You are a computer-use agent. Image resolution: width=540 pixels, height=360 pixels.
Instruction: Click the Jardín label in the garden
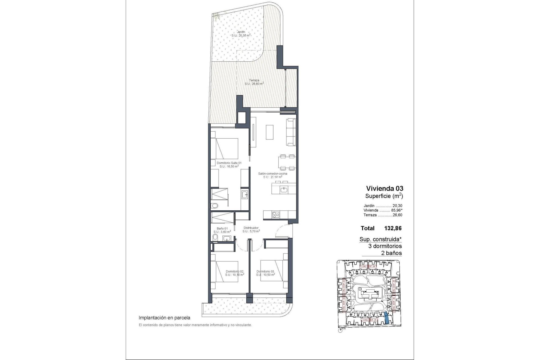[241, 32]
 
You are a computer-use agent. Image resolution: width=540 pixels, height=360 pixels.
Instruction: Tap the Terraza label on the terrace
[254, 80]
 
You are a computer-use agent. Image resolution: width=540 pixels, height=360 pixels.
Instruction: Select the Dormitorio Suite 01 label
[229, 163]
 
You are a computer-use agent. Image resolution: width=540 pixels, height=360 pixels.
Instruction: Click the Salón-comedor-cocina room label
[273, 174]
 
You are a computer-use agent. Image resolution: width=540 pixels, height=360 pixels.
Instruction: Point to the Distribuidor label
[251, 228]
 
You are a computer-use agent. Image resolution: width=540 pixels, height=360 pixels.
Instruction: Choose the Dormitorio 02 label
[234, 271]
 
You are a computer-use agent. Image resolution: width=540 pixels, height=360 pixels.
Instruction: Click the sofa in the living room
[291, 132]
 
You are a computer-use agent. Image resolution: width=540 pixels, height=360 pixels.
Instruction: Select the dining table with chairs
[287, 163]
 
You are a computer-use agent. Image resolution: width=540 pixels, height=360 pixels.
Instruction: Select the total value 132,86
[393, 228]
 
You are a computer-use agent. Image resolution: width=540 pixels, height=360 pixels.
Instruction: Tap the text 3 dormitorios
[385, 246]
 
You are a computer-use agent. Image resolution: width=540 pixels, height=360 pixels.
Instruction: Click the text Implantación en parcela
[165, 318]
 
